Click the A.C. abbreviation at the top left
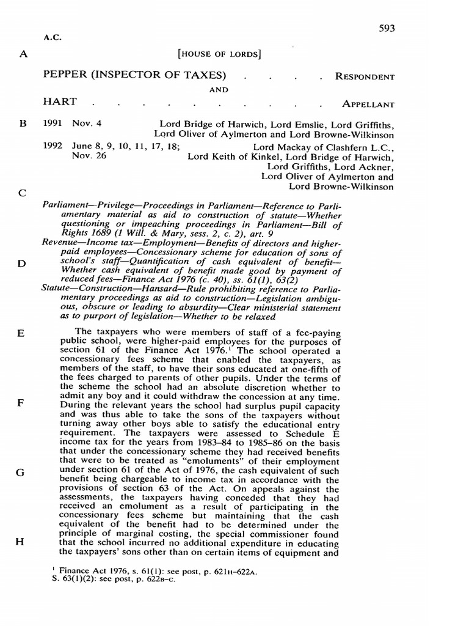tap(53, 37)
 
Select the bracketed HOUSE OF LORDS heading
tap(219, 54)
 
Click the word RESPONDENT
tap(365, 76)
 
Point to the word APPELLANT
tap(368, 104)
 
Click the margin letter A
tap(24, 54)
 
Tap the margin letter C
tap(23, 193)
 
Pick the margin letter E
tap(21, 334)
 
